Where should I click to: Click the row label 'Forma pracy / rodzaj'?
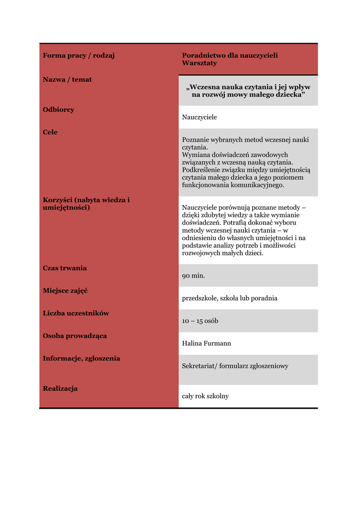[x=78, y=56]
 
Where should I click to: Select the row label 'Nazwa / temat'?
[x=67, y=79]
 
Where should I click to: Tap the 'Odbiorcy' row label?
[x=59, y=110]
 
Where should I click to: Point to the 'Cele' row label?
[x=50, y=132]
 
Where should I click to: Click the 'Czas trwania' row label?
[x=65, y=268]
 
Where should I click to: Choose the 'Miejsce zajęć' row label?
[x=65, y=291]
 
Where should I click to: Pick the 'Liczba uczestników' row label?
[x=76, y=314]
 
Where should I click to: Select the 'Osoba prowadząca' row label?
[x=74, y=336]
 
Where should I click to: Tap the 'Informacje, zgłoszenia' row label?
[x=81, y=359]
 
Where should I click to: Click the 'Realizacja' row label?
[x=60, y=389]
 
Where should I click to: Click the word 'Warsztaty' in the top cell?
[x=199, y=63]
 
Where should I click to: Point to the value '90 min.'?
[x=193, y=276]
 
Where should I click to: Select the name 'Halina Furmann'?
[x=207, y=343]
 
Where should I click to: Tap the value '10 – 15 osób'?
[x=200, y=321]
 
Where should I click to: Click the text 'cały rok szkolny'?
[x=206, y=396]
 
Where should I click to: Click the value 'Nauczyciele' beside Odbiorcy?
[x=200, y=117]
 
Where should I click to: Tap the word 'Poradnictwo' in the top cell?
[x=204, y=56]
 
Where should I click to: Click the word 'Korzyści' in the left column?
[x=58, y=200]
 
